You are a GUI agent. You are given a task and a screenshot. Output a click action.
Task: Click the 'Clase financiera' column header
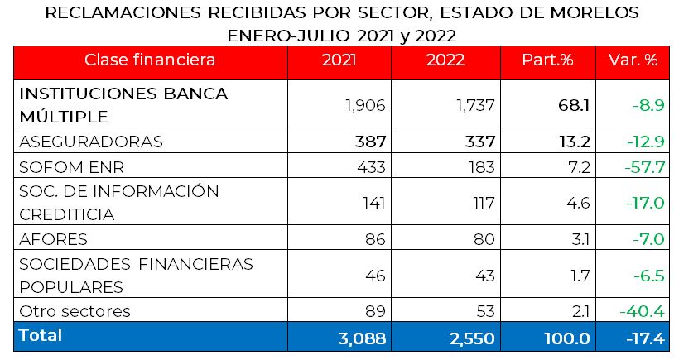pos(150,60)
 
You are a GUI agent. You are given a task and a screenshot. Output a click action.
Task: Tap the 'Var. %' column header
pos(633,60)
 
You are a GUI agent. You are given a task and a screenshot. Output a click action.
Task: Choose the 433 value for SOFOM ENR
pos(370,167)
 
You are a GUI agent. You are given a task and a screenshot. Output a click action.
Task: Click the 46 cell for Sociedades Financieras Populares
pos(374,275)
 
